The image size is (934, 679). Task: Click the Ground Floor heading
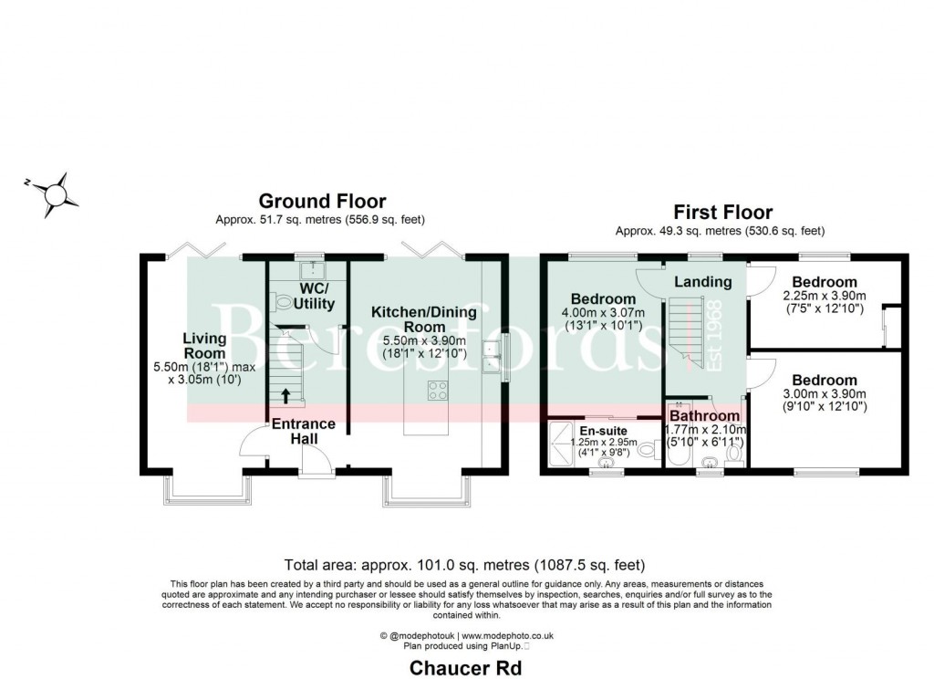click(322, 201)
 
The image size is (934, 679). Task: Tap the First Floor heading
click(722, 213)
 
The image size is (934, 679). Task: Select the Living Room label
click(203, 347)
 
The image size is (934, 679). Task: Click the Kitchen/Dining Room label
click(423, 319)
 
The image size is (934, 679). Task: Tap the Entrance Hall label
click(304, 432)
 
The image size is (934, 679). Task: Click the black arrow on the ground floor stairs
click(288, 395)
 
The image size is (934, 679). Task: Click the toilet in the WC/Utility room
click(280, 299)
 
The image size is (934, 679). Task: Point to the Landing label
click(702, 282)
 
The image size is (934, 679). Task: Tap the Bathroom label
click(705, 417)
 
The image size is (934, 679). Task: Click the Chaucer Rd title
click(465, 668)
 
